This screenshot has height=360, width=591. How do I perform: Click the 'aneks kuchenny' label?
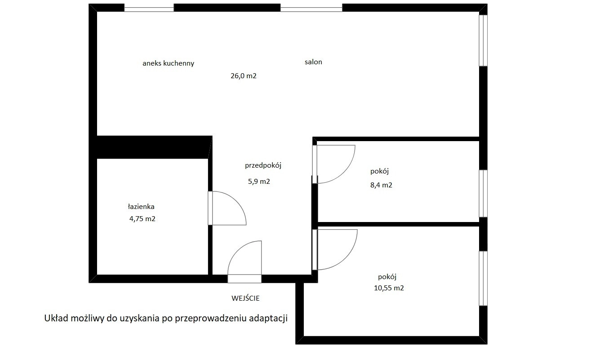pyautogui.click(x=169, y=63)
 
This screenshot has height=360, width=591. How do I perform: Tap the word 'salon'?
pyautogui.click(x=313, y=62)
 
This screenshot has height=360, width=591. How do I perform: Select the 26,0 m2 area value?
pyautogui.click(x=244, y=76)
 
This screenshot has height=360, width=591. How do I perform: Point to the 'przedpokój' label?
pyautogui.click(x=263, y=165)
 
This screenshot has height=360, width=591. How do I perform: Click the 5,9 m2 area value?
pyautogui.click(x=259, y=182)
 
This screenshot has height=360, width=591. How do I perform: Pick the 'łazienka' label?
pyautogui.click(x=141, y=206)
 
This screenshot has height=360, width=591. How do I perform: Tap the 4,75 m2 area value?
pyautogui.click(x=142, y=219)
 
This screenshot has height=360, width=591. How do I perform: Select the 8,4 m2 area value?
pyautogui.click(x=381, y=185)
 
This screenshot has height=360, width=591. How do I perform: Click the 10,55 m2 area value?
pyautogui.click(x=389, y=288)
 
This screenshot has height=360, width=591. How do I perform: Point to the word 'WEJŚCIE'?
pyautogui.click(x=245, y=298)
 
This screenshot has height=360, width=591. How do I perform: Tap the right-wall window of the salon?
pyautogui.click(x=483, y=40)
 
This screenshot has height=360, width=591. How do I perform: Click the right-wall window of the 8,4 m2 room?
pyautogui.click(x=483, y=193)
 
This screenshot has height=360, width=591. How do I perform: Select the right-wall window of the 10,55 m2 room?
pyautogui.click(x=483, y=279)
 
